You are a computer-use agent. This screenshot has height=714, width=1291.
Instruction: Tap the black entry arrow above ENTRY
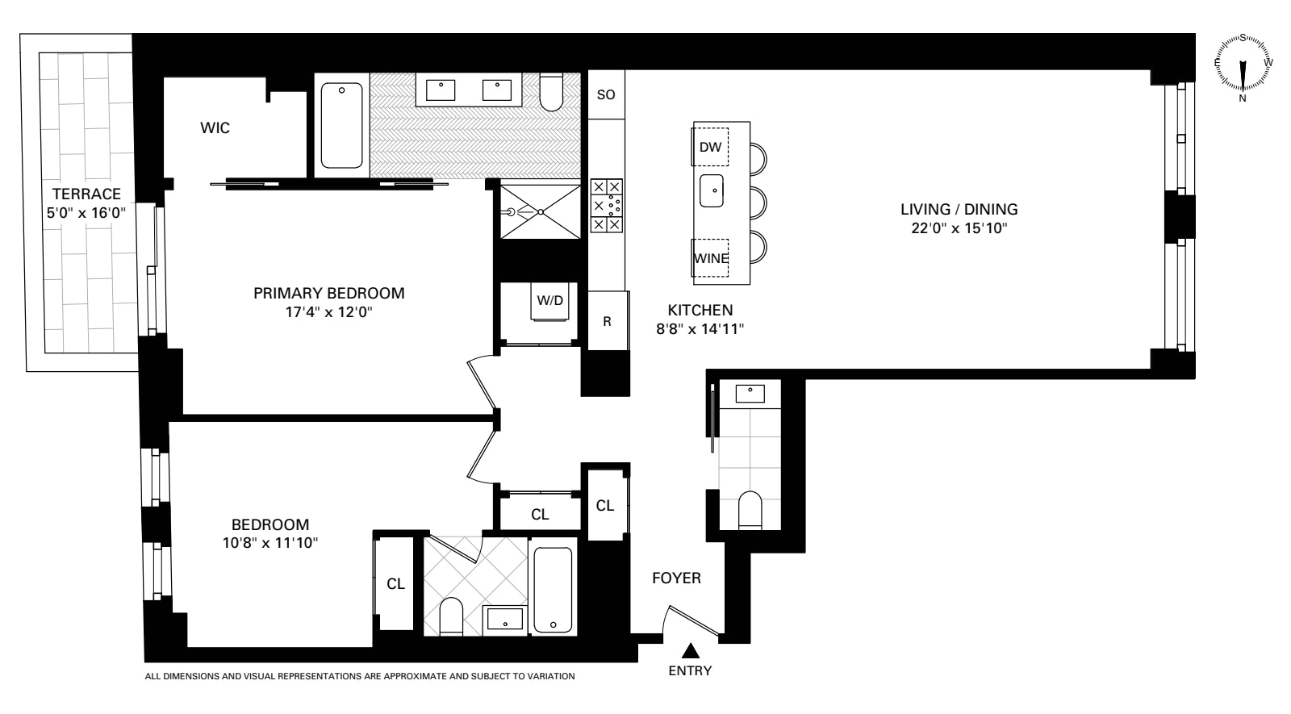[x=690, y=650]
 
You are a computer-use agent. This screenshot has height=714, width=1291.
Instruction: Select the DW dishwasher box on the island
[x=710, y=146]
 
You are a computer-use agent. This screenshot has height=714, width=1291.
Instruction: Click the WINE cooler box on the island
[x=711, y=258]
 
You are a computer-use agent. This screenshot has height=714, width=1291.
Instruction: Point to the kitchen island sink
[x=711, y=190]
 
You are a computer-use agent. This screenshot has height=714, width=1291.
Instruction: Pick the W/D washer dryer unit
[x=549, y=301]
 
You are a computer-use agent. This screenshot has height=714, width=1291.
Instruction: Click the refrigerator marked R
[x=607, y=321]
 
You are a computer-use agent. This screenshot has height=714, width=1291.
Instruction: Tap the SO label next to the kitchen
[x=605, y=94]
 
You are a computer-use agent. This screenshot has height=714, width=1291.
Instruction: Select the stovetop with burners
[x=606, y=206]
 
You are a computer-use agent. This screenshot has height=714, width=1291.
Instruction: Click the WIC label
[x=215, y=128]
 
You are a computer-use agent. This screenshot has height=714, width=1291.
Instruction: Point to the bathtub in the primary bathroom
[x=342, y=125]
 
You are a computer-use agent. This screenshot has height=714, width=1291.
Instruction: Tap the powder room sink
[x=750, y=393]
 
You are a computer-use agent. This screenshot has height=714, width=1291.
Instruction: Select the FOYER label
[x=676, y=578]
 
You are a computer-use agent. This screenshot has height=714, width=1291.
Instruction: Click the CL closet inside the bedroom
[x=395, y=584]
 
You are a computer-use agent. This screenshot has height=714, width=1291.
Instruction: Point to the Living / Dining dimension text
[x=959, y=228]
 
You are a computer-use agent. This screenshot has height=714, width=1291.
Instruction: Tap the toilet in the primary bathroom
[x=551, y=93]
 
